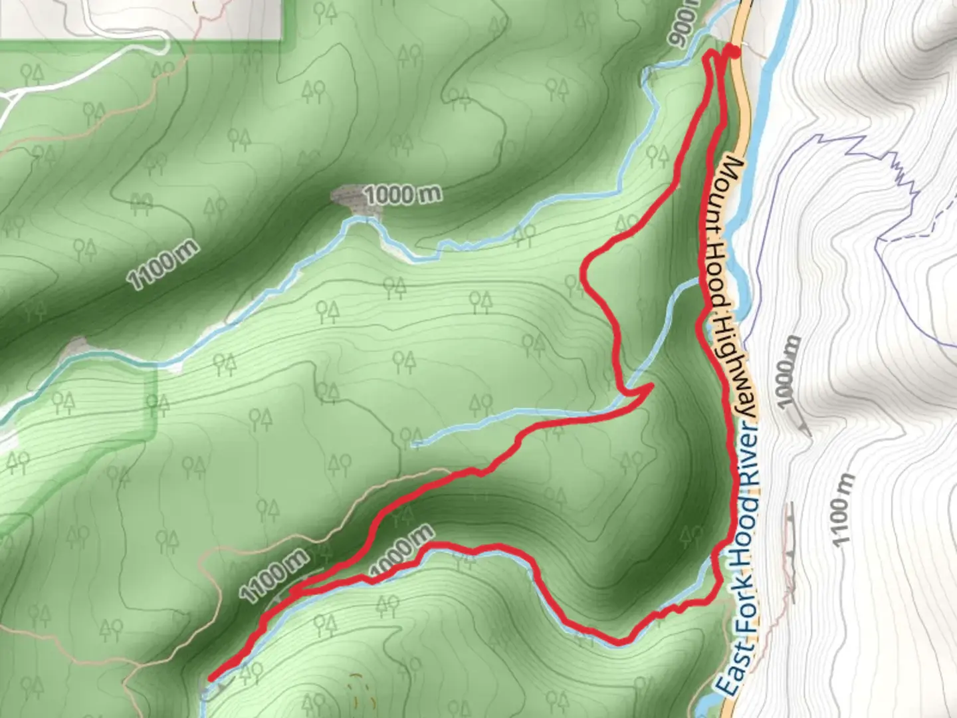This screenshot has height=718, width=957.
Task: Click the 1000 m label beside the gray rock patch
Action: (403, 195)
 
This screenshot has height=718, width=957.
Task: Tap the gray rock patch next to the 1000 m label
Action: (350, 199)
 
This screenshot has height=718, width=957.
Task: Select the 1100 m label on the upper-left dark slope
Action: (163, 264)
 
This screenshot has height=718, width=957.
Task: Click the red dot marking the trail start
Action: (732, 51)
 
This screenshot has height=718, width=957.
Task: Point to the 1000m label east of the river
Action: (787, 373)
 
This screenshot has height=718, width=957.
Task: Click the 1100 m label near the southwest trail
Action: (274, 576)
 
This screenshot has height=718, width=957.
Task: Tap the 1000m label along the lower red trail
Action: (401, 549)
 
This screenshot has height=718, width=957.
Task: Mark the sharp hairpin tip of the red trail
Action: (652, 385)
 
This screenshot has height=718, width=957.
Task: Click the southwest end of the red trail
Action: (211, 678)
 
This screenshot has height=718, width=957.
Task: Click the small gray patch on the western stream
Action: (76, 347)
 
